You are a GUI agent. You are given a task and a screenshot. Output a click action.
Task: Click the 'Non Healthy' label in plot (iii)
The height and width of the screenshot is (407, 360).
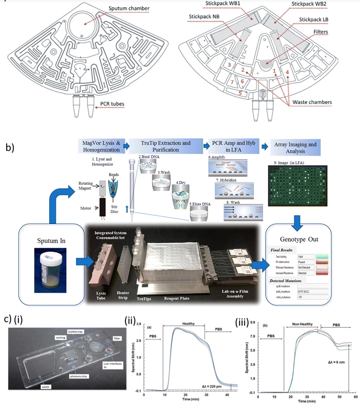pyautogui.click(x=302, y=325)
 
